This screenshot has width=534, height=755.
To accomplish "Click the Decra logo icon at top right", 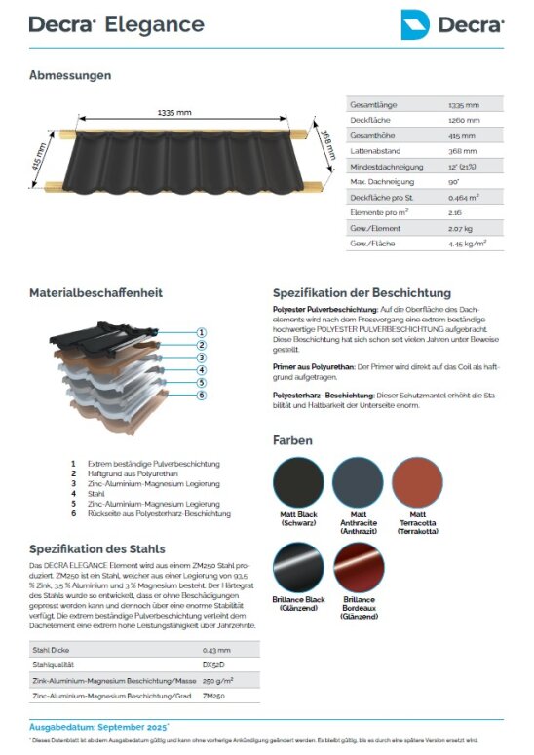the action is pyautogui.click(x=416, y=24).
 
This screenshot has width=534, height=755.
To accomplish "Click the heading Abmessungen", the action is pyautogui.click(x=70, y=75).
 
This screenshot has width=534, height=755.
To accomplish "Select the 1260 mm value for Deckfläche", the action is pyautogui.click(x=463, y=120).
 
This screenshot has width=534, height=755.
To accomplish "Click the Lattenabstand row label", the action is pyautogui.click(x=373, y=151).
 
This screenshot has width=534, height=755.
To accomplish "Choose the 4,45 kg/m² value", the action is pyautogui.click(x=468, y=243).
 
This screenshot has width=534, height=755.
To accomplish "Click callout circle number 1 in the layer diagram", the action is pyautogui.click(x=201, y=332).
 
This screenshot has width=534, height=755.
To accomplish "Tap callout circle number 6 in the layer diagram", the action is pyautogui.click(x=201, y=395).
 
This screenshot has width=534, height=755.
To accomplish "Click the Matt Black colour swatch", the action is pyautogui.click(x=300, y=481).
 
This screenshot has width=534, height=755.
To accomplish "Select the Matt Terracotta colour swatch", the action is pyautogui.click(x=417, y=481).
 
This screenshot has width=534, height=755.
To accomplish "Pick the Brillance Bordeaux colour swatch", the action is pyautogui.click(x=359, y=568).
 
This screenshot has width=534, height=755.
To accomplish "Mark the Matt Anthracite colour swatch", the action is pyautogui.click(x=358, y=481).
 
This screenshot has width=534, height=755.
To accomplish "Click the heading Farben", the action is pyautogui.click(x=292, y=440).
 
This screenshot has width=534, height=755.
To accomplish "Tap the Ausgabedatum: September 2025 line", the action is pyautogui.click(x=98, y=727).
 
